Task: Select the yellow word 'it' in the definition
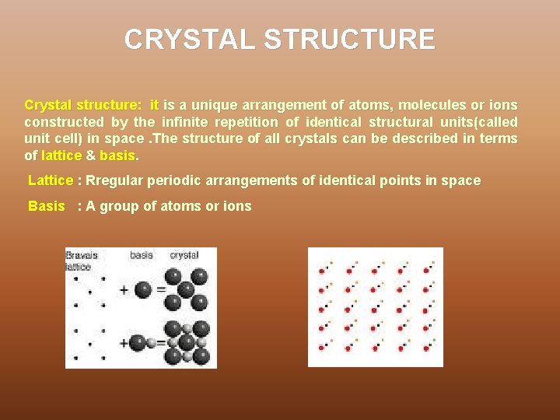pos(154,105)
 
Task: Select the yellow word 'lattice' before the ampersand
pos(61,156)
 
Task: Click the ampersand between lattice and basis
pos(90,156)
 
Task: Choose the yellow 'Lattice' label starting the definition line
pos(50,181)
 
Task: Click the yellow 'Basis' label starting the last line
pos(46,207)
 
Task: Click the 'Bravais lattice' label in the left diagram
pos(82,261)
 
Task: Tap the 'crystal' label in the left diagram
pos(184,255)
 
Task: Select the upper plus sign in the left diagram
pos(124,291)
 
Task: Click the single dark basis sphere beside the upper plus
pos(142,290)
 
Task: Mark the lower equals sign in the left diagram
pos(161,342)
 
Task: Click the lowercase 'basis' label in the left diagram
pos(142,255)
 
